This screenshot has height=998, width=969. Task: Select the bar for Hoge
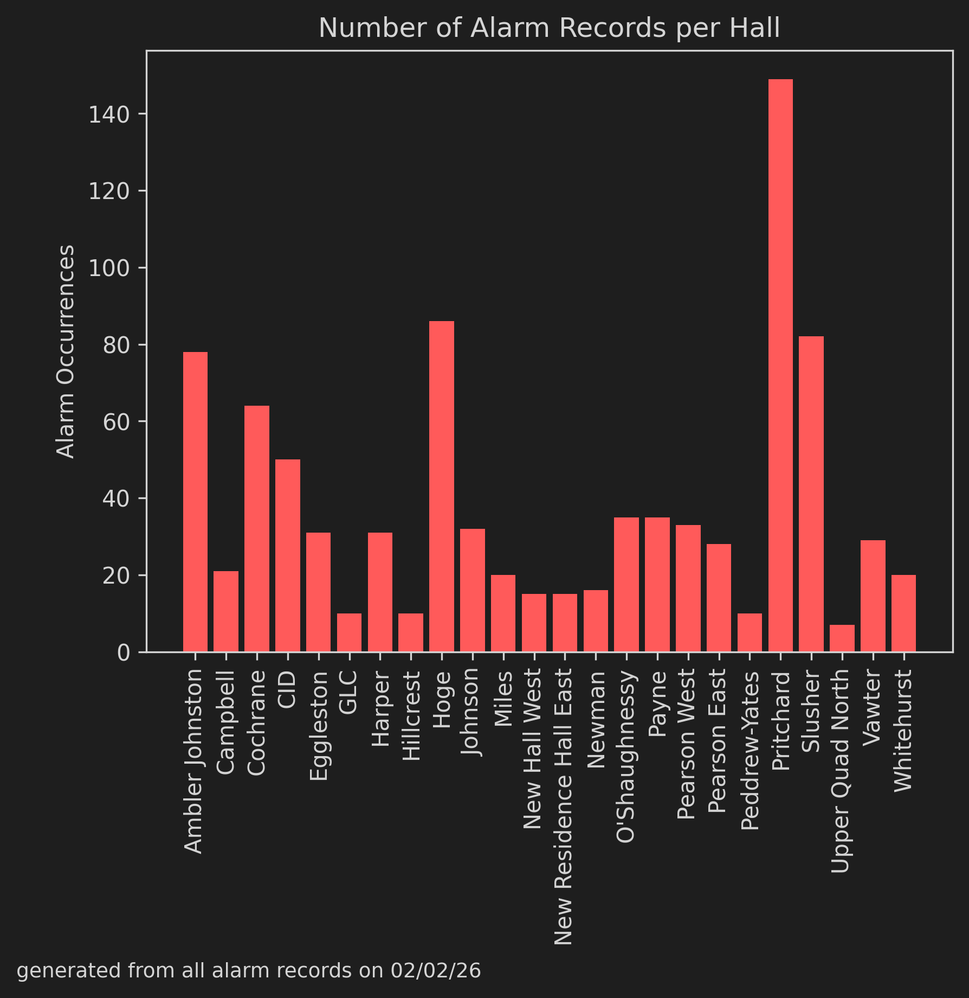tap(442, 486)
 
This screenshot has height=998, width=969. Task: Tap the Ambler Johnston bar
tap(195, 502)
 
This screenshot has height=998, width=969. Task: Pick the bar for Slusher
tap(811, 494)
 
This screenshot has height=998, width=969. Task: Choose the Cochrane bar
tap(257, 528)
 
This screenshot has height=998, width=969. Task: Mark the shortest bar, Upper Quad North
tap(842, 638)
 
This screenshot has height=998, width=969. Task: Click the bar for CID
tap(288, 555)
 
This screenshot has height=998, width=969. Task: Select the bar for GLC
tap(349, 632)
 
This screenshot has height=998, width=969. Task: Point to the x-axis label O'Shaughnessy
tap(626, 757)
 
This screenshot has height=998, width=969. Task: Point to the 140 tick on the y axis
tap(108, 115)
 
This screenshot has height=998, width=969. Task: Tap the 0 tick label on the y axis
tap(124, 652)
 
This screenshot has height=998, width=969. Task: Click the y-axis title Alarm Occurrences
tap(66, 351)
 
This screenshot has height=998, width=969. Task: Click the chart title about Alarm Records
tap(549, 28)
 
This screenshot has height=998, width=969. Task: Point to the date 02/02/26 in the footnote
tap(436, 971)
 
